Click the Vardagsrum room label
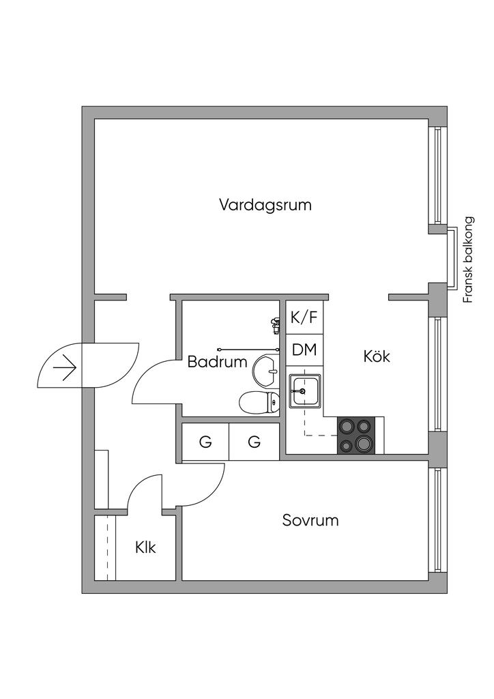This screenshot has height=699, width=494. click(265, 205)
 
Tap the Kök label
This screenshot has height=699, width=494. click(377, 356)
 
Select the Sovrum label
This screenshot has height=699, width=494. click(310, 521)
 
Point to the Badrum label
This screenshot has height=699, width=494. click(217, 362)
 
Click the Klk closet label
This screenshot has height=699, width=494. click(145, 547)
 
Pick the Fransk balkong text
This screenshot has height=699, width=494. click(468, 259)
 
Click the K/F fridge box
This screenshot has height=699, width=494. click(304, 317)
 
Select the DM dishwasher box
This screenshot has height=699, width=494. click(304, 350)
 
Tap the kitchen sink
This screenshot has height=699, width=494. click(305, 391)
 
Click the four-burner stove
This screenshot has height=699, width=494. click(356, 436)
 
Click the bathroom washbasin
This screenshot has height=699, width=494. click(265, 371)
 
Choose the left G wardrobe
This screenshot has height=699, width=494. click(205, 442)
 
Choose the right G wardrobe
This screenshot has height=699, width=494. click(255, 442)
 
